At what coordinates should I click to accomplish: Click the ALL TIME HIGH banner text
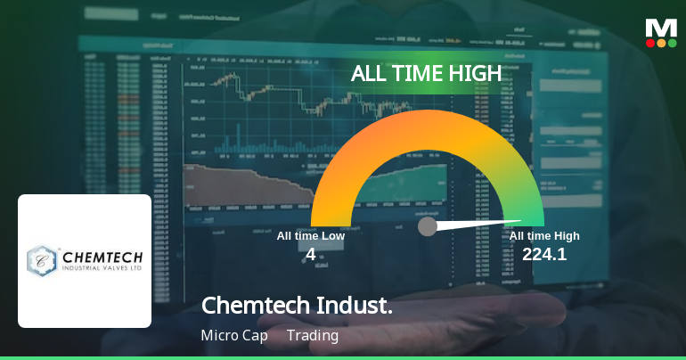coord(427,73)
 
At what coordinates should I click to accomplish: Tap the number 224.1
coord(544,254)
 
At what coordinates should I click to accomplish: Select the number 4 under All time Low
coord(310,254)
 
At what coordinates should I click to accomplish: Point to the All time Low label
coord(310,236)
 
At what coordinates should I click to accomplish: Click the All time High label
coord(544,236)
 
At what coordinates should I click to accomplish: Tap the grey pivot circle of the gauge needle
coord(428,226)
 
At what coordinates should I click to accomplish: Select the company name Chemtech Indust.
coord(297,306)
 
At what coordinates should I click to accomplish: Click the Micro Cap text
coord(233,336)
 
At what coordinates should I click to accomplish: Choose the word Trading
coord(313,336)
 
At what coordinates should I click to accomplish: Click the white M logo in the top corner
coord(661,28)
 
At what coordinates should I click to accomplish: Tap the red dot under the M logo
coord(649,43)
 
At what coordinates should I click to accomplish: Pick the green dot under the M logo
coord(673,43)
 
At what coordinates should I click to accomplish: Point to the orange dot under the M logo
coord(661,43)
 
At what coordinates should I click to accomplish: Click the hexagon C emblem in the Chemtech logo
coord(42,260)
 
